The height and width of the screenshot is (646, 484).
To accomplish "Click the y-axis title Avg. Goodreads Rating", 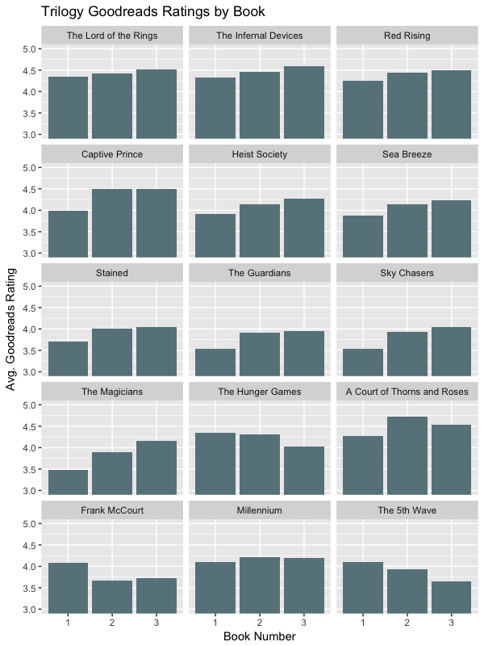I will click(x=11, y=331).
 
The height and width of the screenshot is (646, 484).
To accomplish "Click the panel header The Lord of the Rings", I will click(x=111, y=36).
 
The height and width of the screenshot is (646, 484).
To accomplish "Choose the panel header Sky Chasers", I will click(x=407, y=273).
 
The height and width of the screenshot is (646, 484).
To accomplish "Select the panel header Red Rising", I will click(x=407, y=36).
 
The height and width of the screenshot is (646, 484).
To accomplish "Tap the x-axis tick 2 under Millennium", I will click(x=259, y=623).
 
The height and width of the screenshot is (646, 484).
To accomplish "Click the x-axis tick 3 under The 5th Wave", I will click(x=450, y=623).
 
